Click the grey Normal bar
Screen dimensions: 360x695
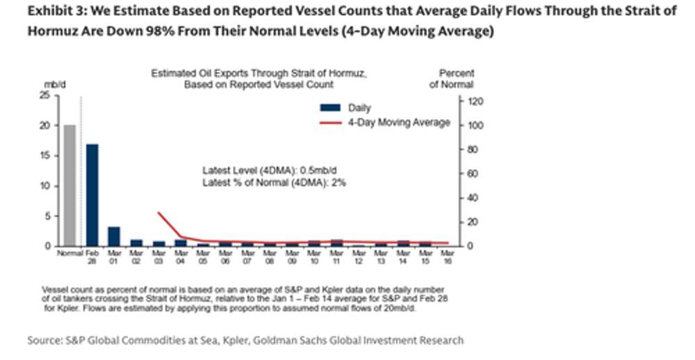tap(69, 186)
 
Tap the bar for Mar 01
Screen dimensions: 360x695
tap(114, 236)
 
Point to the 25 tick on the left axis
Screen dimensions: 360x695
tap(44, 96)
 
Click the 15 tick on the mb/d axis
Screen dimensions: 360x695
tap(44, 156)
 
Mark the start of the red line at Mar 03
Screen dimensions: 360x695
tap(158, 213)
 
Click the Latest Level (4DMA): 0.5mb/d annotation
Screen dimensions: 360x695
tap(274, 171)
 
